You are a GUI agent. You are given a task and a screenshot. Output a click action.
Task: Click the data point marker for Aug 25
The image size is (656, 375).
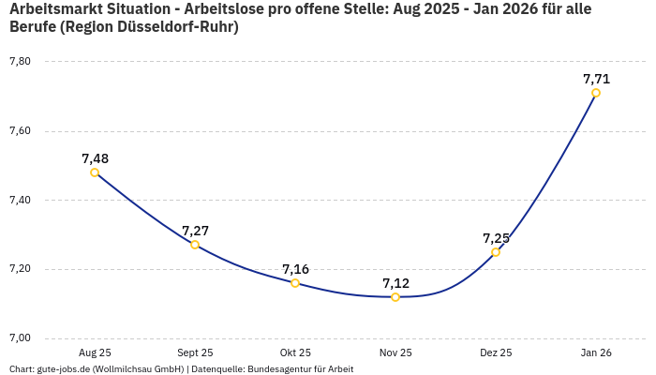click(95, 172)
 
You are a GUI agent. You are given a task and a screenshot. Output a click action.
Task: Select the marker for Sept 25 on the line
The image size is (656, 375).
click(195, 245)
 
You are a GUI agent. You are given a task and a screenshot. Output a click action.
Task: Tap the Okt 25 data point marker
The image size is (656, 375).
click(295, 283)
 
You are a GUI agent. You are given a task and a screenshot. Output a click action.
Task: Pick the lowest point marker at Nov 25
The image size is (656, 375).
click(395, 297)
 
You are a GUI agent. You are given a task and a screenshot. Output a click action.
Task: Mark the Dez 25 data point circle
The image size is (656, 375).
click(496, 252)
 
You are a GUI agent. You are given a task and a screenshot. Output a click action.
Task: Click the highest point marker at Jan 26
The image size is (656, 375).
click(596, 93)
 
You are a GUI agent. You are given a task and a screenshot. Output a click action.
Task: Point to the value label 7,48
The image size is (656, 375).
click(95, 158)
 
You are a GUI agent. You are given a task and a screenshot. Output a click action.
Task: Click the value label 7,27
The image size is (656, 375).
click(195, 231)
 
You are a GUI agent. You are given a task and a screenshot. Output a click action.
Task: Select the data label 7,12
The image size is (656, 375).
click(395, 283)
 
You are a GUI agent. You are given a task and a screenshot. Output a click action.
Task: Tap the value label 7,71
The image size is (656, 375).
click(596, 79)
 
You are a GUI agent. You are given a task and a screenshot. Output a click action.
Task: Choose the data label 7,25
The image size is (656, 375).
click(496, 238)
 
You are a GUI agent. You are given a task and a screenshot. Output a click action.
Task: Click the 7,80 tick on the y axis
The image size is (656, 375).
click(20, 62)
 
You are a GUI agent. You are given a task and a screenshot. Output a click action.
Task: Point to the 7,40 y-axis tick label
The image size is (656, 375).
click(20, 201)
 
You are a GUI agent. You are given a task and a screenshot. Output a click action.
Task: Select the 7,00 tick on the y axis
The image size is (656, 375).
click(20, 338)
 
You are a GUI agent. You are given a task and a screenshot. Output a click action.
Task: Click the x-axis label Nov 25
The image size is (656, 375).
click(395, 353)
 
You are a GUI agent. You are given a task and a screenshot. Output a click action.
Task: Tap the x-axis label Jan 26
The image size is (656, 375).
click(596, 353)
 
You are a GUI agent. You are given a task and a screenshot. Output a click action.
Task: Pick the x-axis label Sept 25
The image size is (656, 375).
click(195, 353)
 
